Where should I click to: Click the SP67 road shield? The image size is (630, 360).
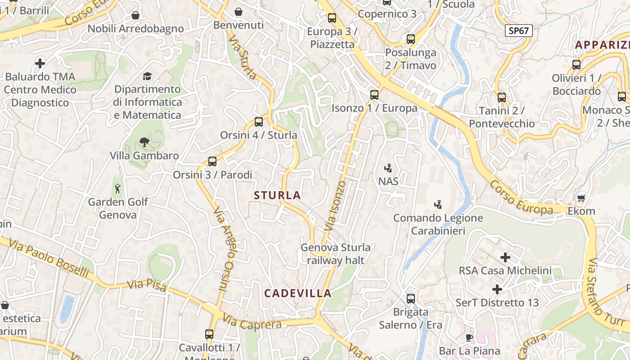(518, 31)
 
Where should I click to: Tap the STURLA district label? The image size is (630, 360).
(277, 195)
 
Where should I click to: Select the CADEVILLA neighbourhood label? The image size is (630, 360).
(297, 293)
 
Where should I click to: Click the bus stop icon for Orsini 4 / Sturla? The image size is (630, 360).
(258, 121)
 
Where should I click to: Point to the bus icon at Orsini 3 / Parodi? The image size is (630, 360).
(212, 161)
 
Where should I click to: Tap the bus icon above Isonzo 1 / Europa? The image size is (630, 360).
(374, 94)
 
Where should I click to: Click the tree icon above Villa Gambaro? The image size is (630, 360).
(144, 142)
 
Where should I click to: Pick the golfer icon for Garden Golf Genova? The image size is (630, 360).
(117, 188)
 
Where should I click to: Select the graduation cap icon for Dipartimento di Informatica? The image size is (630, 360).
(147, 76)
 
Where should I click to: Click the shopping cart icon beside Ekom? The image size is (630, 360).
(581, 198)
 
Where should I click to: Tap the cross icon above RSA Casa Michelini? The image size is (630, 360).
(505, 257)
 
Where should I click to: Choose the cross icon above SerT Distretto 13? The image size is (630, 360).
(497, 289)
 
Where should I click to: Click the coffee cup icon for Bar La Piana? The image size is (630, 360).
(469, 337)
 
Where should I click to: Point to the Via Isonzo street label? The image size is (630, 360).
(335, 206)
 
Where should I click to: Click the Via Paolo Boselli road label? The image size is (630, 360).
(49, 259)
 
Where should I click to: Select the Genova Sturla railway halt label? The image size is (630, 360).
(336, 253)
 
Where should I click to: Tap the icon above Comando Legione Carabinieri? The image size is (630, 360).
(437, 205)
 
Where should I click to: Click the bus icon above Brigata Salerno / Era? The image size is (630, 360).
(410, 298)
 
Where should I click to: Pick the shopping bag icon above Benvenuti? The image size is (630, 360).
(238, 12)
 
